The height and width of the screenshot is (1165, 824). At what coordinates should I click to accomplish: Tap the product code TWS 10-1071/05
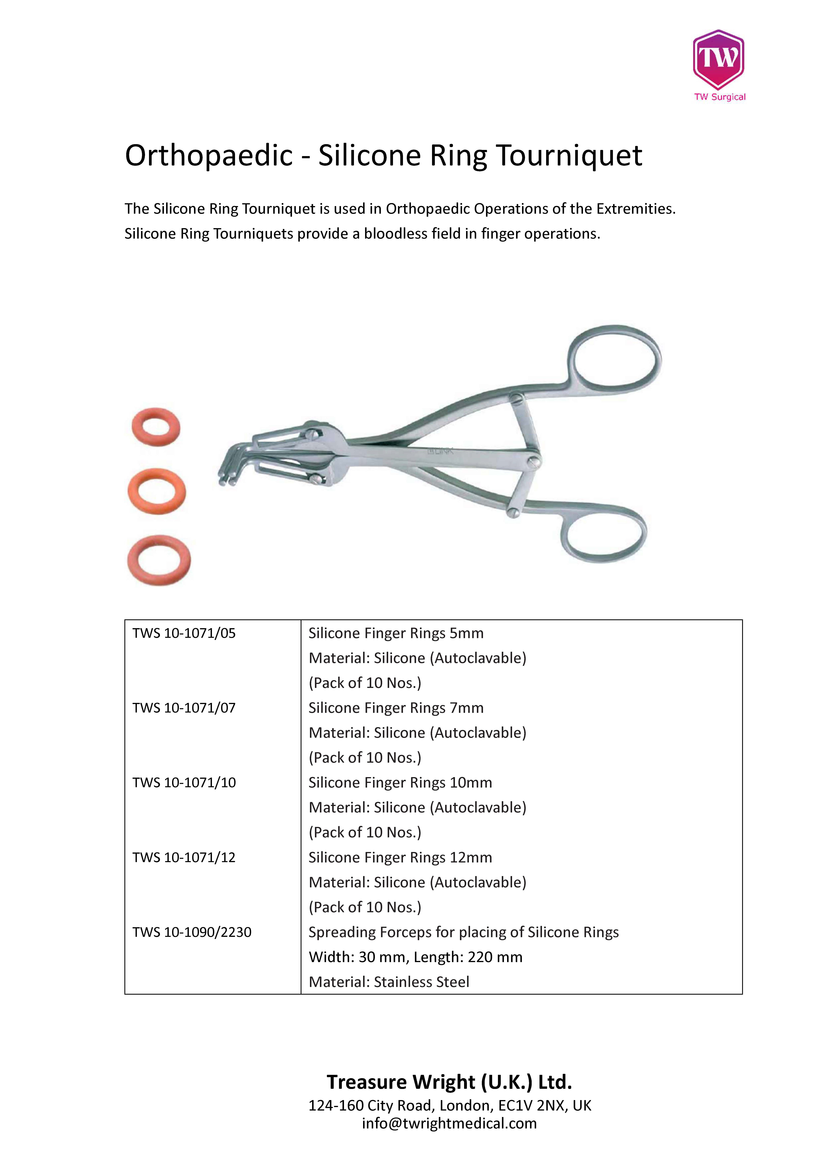pyautogui.click(x=184, y=633)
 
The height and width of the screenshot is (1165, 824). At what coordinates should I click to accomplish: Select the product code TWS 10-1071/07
pyautogui.click(x=184, y=708)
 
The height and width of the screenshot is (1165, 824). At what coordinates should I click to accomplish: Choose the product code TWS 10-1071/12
pyautogui.click(x=184, y=857)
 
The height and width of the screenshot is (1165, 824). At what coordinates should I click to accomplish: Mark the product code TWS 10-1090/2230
pyautogui.click(x=192, y=932)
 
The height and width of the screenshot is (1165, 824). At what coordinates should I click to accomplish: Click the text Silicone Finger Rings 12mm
pyautogui.click(x=400, y=857)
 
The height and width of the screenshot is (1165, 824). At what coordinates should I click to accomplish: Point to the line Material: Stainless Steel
pyautogui.click(x=389, y=982)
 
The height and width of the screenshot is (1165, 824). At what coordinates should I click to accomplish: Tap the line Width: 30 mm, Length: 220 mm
pyautogui.click(x=415, y=957)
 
